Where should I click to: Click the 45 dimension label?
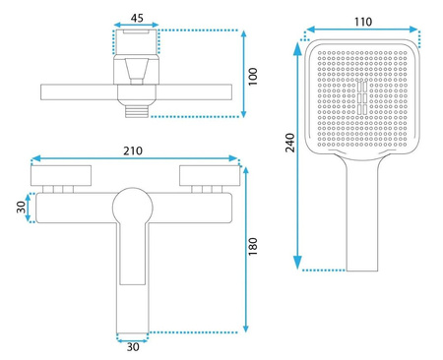(137, 18)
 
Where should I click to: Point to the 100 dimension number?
(253, 77)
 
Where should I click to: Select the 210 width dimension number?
(133, 150)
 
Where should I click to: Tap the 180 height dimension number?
(253, 247)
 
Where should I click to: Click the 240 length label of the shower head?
(290, 143)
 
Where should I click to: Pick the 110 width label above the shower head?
(363, 22)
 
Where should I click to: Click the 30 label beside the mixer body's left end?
(21, 208)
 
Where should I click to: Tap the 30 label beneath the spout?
(133, 347)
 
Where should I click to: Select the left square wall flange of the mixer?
(61, 175)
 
